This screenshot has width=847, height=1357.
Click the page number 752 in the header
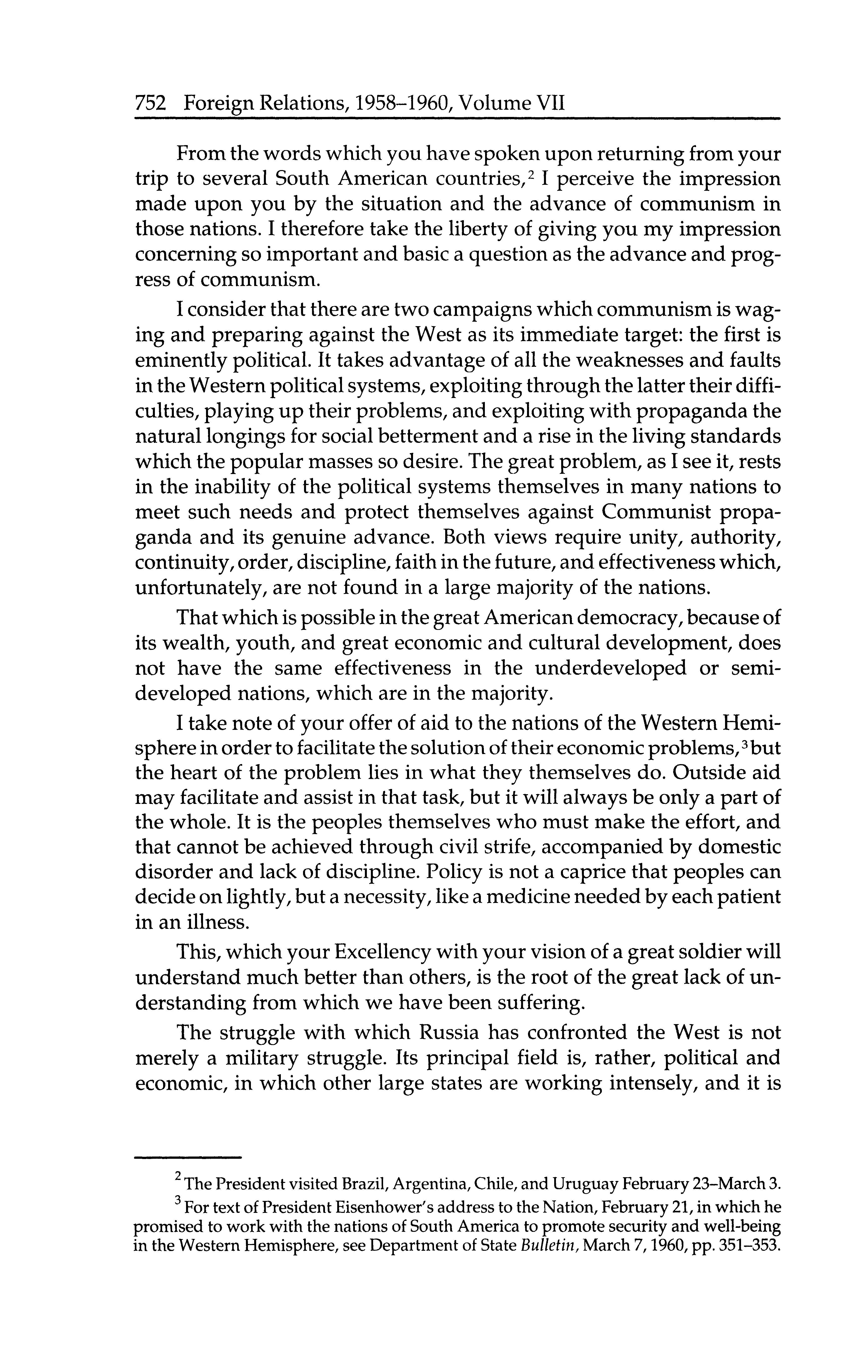pos(151,104)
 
